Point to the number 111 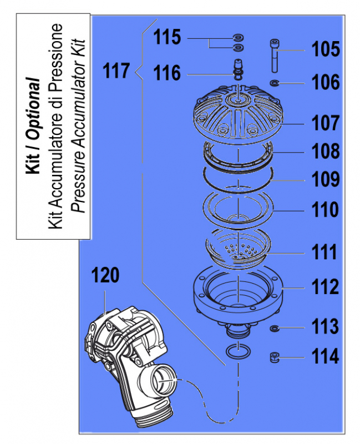tap(323, 253)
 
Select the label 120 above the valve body tap(105, 275)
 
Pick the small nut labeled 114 tap(273, 357)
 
